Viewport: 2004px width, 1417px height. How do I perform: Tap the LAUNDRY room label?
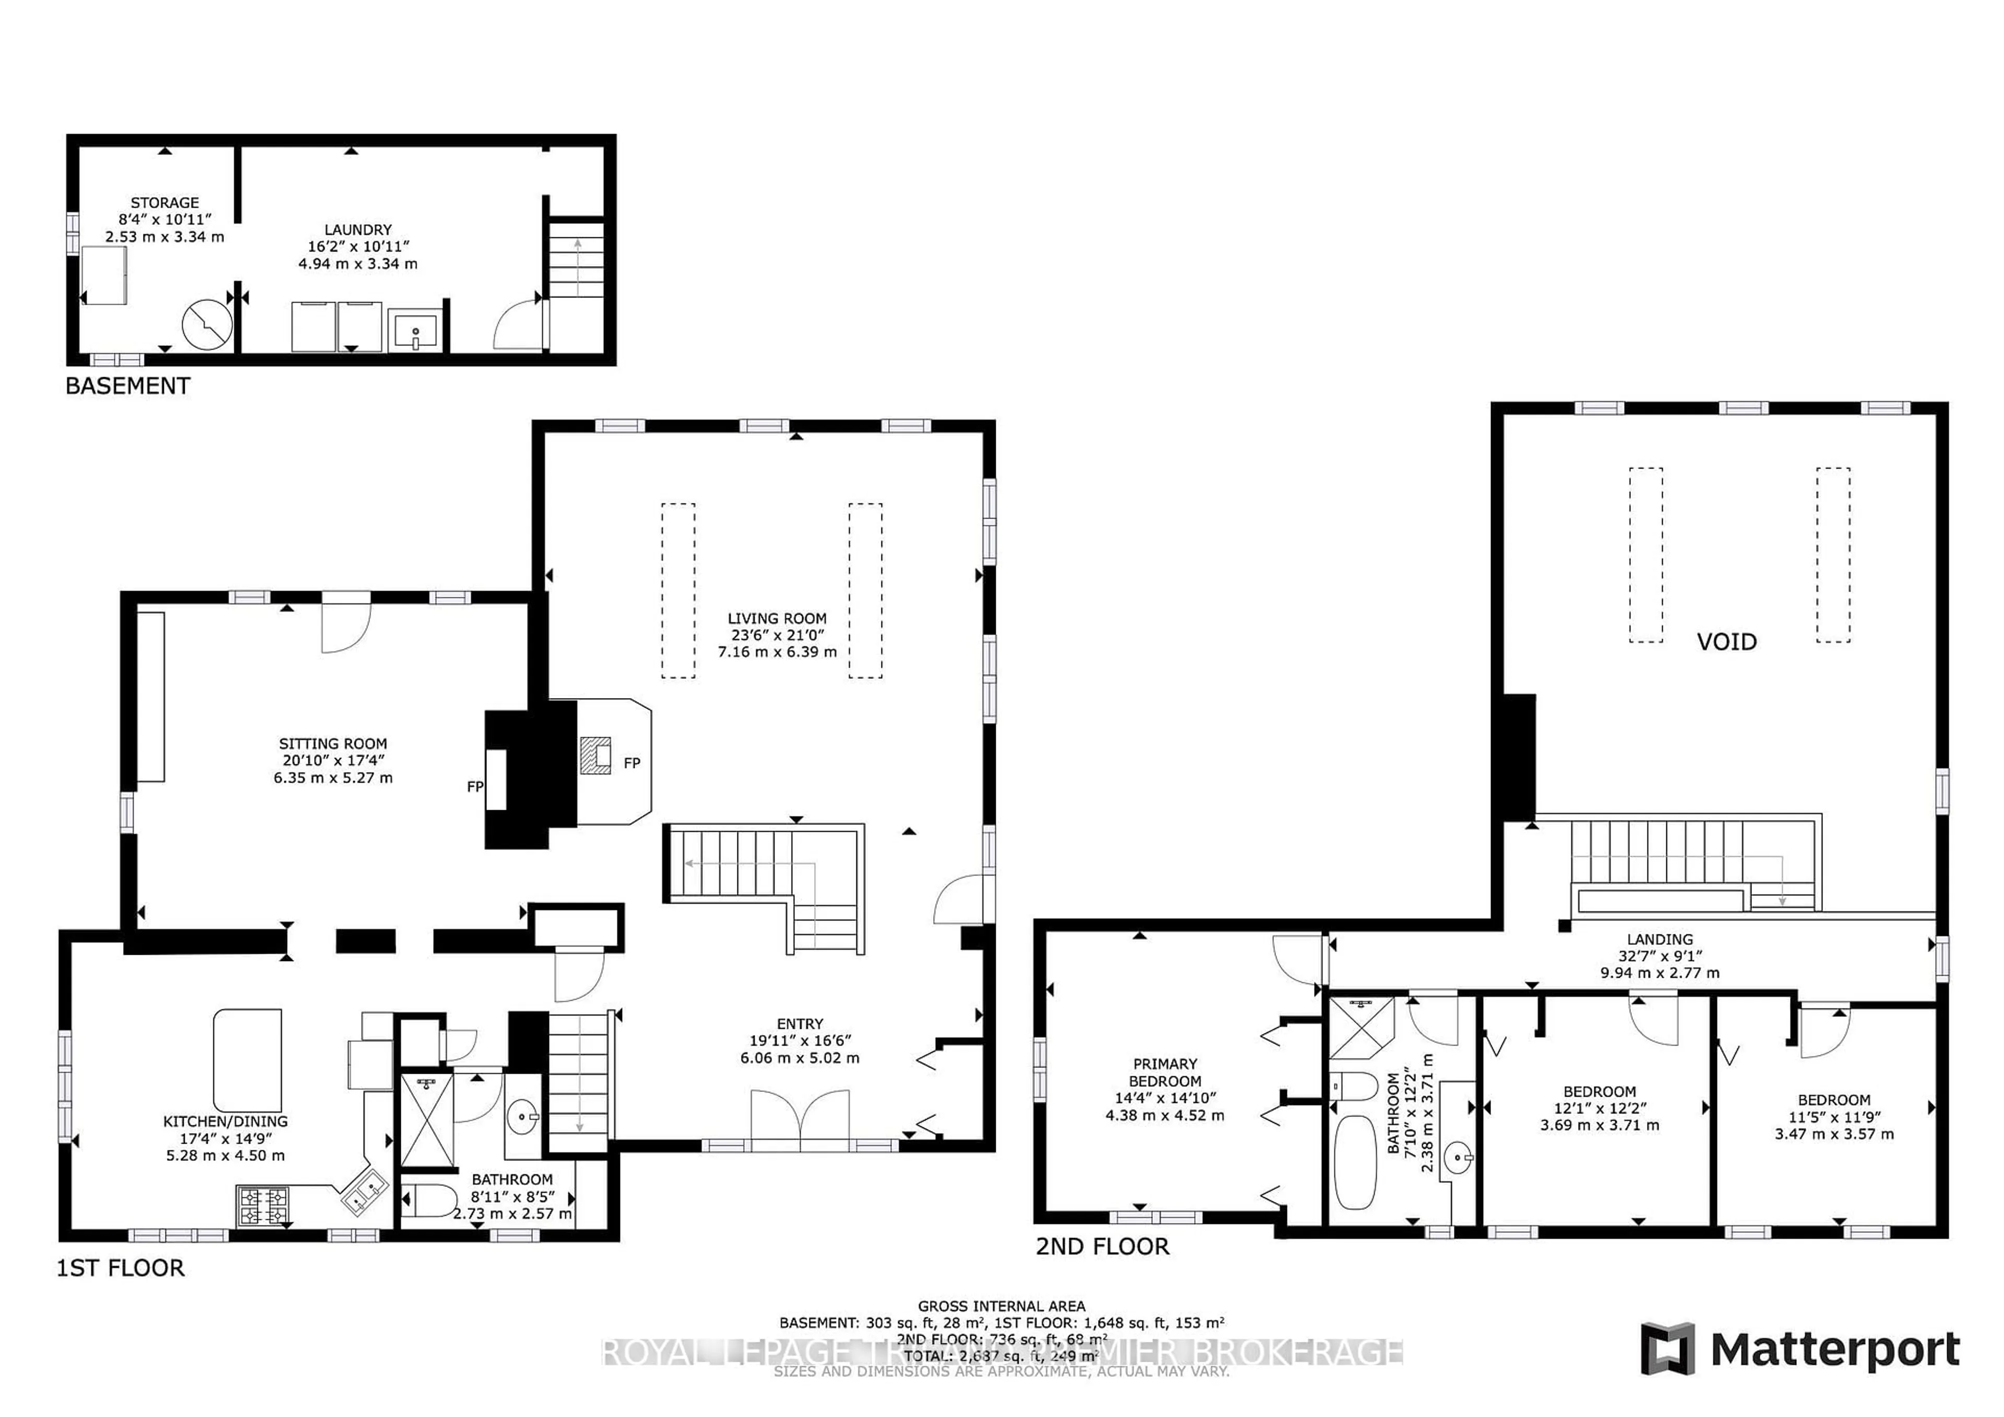click(358, 230)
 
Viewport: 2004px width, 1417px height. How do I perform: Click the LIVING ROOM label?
click(777, 618)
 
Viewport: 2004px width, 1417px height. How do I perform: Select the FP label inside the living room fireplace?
click(632, 763)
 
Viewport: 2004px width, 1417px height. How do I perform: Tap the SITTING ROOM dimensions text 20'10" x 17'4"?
click(332, 761)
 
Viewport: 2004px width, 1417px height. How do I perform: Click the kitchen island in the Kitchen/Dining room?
click(248, 1059)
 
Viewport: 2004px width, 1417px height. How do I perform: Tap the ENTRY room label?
click(800, 1024)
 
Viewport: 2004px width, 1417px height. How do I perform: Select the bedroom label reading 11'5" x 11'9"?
click(1834, 1117)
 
